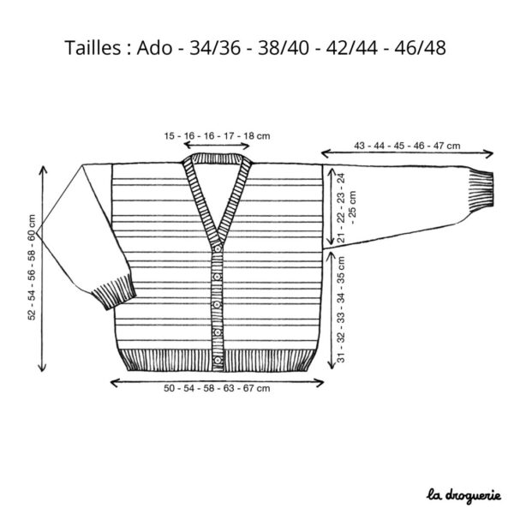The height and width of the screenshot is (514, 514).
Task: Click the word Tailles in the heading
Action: click(93, 48)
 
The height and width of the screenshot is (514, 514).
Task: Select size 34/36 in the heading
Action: click(215, 48)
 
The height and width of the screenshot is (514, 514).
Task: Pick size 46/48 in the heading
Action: click(420, 48)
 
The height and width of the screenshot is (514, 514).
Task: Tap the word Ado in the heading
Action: click(154, 48)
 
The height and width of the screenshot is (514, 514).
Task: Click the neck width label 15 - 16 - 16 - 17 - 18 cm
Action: click(217, 135)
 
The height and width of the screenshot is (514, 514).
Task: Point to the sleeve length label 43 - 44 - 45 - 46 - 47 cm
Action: click(407, 146)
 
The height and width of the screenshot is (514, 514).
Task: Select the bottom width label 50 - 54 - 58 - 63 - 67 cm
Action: click(217, 388)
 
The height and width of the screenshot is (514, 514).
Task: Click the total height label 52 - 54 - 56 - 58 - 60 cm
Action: click(32, 267)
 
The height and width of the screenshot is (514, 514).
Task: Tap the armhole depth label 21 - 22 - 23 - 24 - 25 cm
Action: click(346, 208)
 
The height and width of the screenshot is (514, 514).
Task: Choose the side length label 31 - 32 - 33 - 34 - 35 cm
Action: click(341, 309)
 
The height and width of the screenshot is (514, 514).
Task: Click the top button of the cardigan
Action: click(218, 249)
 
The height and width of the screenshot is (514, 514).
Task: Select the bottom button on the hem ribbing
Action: click(218, 361)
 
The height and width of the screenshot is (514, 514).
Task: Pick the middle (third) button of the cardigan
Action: click(218, 305)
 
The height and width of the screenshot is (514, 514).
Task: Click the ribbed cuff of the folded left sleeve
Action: click(114, 293)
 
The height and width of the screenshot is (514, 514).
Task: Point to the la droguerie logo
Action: click(463, 496)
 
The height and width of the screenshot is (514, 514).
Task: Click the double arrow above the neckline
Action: click(217, 145)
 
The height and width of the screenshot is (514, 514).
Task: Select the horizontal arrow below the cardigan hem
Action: click(217, 382)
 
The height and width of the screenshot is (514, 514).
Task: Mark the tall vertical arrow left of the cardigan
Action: click(42, 269)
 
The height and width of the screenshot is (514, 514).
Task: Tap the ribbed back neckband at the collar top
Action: click(217, 158)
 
